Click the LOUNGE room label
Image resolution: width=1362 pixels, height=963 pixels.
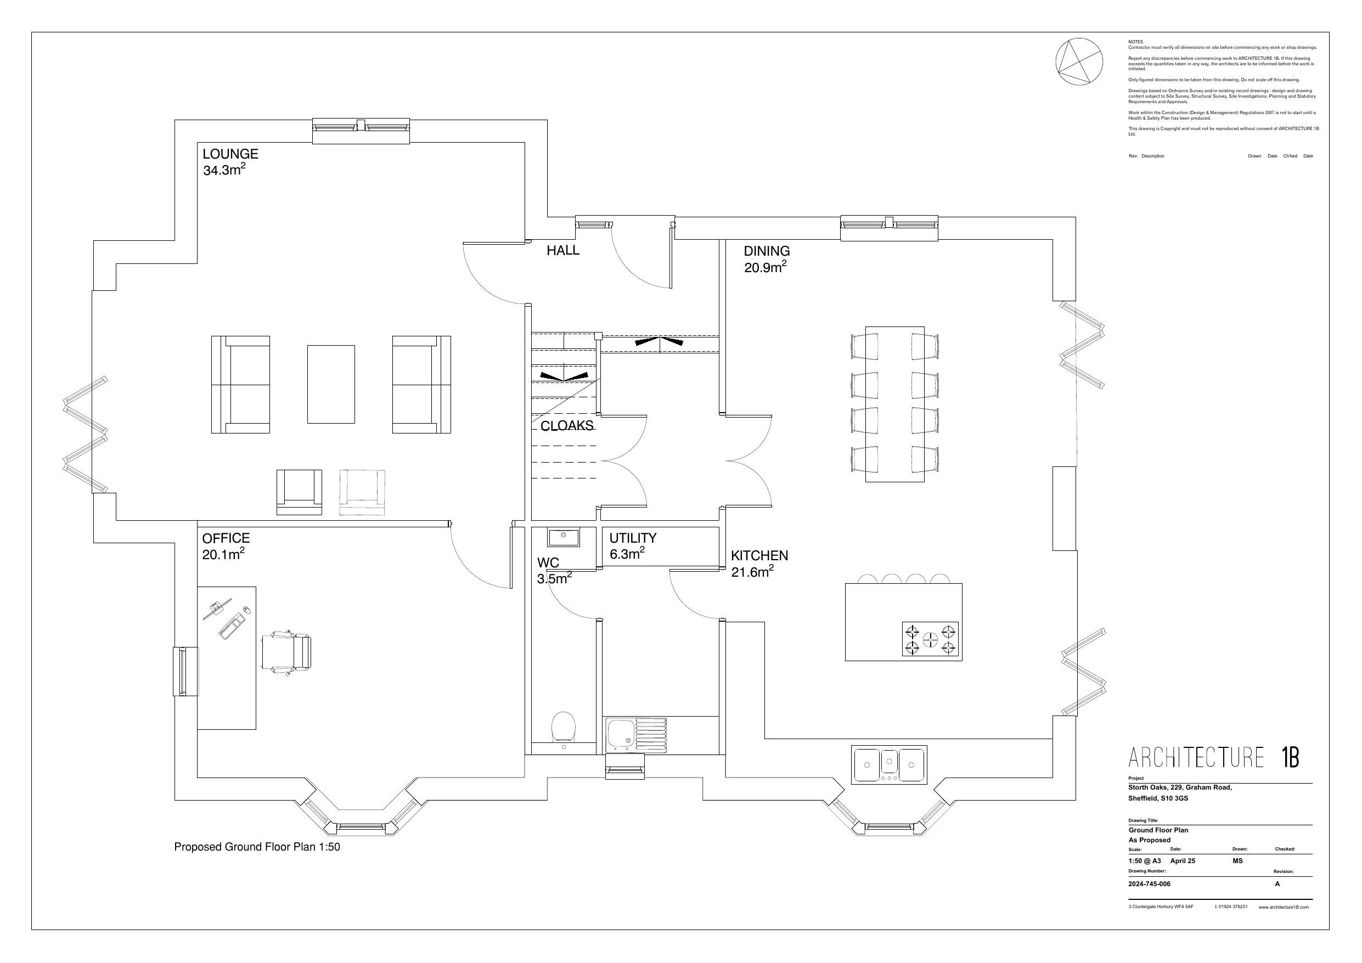(x=230, y=154)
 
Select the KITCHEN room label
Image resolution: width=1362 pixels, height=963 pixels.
(x=759, y=555)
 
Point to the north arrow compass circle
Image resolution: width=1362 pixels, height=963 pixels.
(x=1079, y=61)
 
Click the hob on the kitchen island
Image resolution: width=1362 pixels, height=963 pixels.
(x=930, y=639)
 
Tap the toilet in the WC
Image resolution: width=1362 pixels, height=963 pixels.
(x=563, y=727)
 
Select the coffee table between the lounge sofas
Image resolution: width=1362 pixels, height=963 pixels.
(x=331, y=384)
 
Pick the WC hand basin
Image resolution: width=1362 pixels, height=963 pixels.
(x=563, y=537)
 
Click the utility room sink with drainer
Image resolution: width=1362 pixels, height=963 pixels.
(x=635, y=735)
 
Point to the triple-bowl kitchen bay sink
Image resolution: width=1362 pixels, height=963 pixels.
(x=888, y=765)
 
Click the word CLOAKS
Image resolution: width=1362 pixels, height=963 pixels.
(x=566, y=426)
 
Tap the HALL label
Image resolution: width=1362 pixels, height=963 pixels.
(x=563, y=250)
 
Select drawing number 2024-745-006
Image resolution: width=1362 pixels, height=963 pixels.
(x=1149, y=883)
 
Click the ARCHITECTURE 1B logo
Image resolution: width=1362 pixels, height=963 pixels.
(x=1213, y=758)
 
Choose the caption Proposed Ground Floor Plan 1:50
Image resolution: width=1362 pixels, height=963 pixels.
(x=257, y=847)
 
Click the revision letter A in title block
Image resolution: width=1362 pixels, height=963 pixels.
(x=1277, y=883)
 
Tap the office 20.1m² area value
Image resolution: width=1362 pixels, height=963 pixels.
(x=223, y=554)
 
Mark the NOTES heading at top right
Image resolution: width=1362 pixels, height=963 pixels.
(x=1135, y=42)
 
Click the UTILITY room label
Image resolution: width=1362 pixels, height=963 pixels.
(x=632, y=538)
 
